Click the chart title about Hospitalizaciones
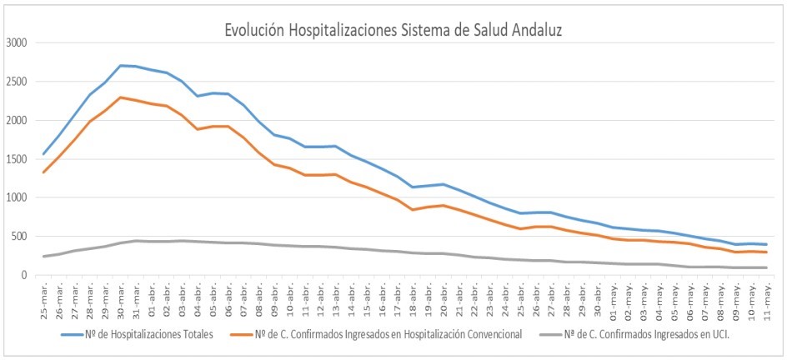[393, 30]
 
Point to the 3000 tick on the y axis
[16, 43]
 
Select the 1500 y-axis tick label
[16, 159]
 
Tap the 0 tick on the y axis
[24, 275]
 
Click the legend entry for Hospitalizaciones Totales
[138, 335]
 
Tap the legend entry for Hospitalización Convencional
[387, 335]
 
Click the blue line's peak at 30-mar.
[121, 65]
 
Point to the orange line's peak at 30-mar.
[121, 97]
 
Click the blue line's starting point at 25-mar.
[44, 154]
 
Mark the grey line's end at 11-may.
[764, 267]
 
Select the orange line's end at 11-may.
[764, 252]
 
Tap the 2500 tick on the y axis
[16, 82]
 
